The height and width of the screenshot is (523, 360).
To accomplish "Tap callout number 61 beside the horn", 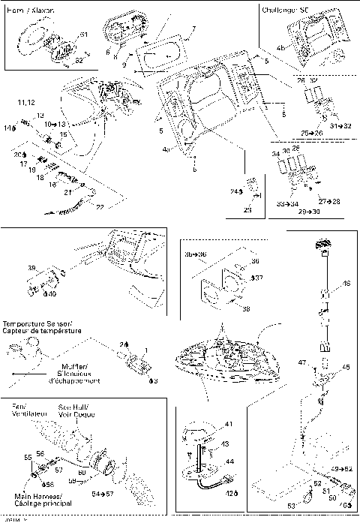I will [83, 35].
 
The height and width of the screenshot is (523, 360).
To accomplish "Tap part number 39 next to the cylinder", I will [31, 268].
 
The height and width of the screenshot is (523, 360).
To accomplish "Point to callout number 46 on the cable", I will [346, 284].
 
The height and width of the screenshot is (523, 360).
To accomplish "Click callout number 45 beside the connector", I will [346, 367].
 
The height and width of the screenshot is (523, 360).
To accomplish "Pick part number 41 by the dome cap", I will [228, 425].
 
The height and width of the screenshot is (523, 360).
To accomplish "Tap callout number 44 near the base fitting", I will [229, 463].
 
